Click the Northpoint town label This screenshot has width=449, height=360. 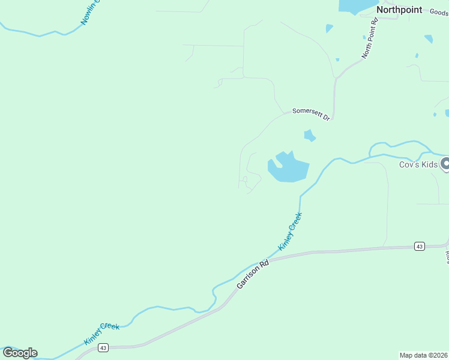pos(399,10)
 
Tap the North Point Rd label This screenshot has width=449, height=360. pos(370,38)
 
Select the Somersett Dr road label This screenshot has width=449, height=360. pos(311,114)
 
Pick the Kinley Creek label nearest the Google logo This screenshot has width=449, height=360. pos(101,333)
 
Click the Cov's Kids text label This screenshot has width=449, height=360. pos(418,164)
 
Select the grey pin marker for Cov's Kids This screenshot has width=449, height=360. pos(445,163)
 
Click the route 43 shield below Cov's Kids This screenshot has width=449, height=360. pos(419,247)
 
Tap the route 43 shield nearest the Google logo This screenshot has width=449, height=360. pos(103,347)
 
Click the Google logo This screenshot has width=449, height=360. pos(20,353)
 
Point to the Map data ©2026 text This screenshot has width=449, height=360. pos(423,355)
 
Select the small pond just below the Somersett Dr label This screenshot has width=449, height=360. pos(310,136)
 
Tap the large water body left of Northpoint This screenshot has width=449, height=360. pos(357,6)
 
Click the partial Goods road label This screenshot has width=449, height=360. pos(438,12)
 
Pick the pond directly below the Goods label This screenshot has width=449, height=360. pos(429,39)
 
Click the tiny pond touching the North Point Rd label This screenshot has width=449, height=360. pos(364,37)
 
